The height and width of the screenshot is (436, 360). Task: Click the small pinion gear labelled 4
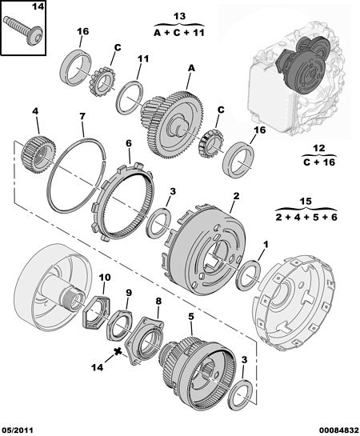pyautogui.click(x=38, y=154)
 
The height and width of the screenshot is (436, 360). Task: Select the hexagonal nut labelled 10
pyautogui.click(x=97, y=311)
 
